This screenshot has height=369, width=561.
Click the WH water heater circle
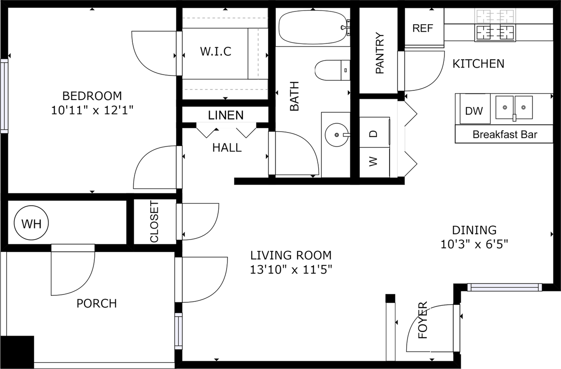31,224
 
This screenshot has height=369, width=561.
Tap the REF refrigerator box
423,28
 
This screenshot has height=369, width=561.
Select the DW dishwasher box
474,111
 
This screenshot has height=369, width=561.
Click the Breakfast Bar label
504,134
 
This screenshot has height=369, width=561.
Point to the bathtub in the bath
312,27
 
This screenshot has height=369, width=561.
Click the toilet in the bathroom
332,70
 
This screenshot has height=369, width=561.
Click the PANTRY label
380,53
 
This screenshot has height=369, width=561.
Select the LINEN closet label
226,115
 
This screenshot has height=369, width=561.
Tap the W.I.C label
215,51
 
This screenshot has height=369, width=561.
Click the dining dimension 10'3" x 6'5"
474,244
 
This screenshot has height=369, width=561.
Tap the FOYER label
423,320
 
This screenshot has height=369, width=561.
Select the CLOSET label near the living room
154,222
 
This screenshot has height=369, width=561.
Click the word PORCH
96,303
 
